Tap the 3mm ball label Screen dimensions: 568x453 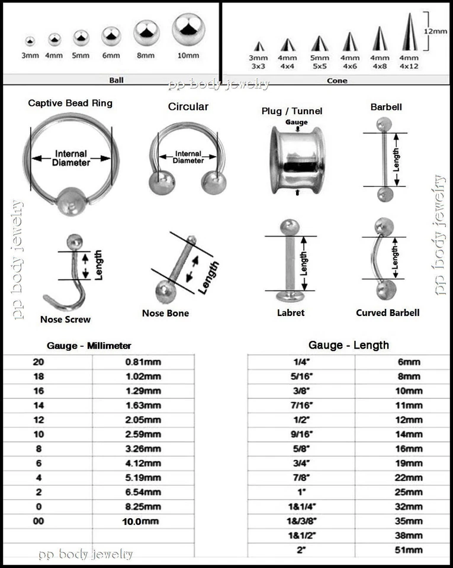[30, 56]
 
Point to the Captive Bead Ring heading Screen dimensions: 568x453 [70, 103]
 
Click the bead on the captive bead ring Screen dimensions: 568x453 [70, 201]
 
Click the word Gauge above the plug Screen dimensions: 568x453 [297, 122]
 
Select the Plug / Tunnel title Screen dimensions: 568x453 [292, 111]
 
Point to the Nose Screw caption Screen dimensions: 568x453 [65, 319]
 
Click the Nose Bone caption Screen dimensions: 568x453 [165, 313]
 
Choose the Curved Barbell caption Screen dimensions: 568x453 [387, 312]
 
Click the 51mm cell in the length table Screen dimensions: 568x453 [409, 550]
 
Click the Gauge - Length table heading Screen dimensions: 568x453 [348, 345]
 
